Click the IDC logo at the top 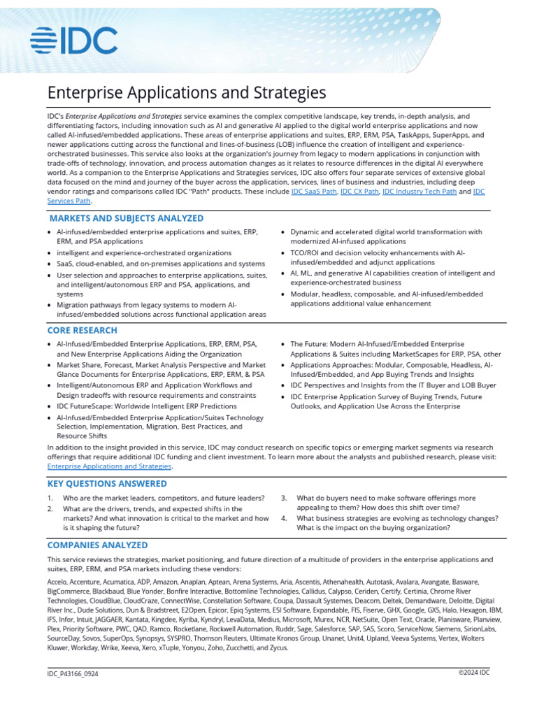[74, 41]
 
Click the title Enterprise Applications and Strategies [186, 92]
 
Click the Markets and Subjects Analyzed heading [126, 218]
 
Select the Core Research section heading [83, 330]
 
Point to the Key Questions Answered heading [107, 483]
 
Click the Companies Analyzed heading [97, 545]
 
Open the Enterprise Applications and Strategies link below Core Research [109, 466]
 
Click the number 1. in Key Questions [50, 498]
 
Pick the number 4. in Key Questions [285, 518]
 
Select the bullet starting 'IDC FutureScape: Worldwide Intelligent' [147, 406]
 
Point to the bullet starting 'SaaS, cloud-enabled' [161, 264]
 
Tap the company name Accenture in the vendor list [85, 582]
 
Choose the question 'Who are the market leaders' [164, 498]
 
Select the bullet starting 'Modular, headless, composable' [387, 294]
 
